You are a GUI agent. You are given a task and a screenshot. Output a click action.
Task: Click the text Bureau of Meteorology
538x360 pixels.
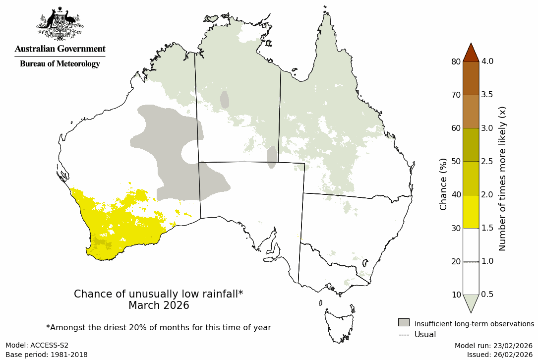pos(60,64)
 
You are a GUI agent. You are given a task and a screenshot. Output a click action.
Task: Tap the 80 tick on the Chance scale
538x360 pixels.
pos(455,61)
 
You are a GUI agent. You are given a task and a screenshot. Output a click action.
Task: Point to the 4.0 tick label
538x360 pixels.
pos(487,61)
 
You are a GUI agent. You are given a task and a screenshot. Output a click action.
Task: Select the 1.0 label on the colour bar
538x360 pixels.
pos(487,261)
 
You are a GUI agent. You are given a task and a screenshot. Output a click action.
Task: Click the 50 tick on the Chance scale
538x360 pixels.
pos(455,161)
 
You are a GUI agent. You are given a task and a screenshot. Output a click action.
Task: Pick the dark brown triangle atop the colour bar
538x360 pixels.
pos(471,53)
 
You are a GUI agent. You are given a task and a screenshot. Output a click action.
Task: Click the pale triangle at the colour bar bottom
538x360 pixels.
pos(471,302)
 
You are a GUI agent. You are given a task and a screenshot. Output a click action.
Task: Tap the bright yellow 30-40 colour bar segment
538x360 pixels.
pos(471,211)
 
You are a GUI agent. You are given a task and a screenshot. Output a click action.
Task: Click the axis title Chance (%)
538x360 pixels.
pos(443,184)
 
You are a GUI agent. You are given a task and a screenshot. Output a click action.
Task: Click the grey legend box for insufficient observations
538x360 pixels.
pos(404,323)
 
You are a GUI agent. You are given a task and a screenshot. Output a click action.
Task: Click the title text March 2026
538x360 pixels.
pos(159,305)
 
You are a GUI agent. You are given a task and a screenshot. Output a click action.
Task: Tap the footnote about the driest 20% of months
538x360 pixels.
pos(159,327)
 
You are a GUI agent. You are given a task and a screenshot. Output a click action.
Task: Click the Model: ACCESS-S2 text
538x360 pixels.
pos(37,345)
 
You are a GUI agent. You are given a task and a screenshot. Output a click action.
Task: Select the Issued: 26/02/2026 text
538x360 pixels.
pos(499,355)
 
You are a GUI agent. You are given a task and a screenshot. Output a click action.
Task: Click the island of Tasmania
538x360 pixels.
pos(340,325)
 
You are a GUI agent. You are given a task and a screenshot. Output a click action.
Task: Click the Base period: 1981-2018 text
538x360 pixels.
pos(47,355)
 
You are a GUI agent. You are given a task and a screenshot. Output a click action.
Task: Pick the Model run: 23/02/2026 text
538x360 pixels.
pos(493,345)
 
